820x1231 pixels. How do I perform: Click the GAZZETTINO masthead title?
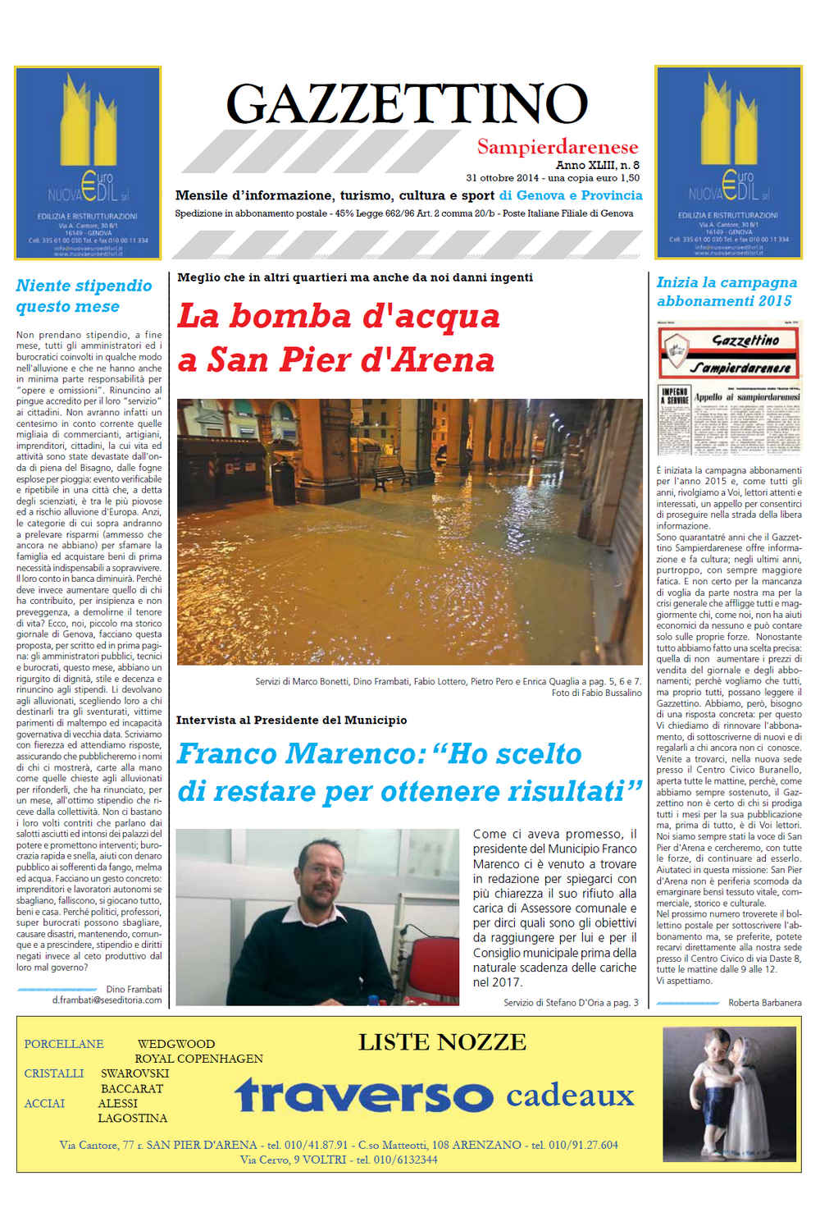tap(407, 104)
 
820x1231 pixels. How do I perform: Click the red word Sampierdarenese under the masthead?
tap(558, 148)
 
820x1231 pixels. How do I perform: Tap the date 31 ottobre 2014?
tap(502, 178)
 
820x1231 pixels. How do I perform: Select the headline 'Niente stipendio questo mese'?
tap(84, 296)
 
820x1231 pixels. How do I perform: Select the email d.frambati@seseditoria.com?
tap(107, 1000)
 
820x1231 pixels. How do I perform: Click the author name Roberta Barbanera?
tap(764, 1003)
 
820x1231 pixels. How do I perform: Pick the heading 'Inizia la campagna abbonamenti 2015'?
tap(727, 291)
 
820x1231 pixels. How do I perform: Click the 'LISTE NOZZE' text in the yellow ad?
tap(442, 1042)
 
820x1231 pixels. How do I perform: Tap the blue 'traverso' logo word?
tap(364, 1095)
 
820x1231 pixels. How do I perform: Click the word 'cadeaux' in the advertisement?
tap(570, 1095)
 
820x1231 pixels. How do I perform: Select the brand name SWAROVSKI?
tap(134, 1073)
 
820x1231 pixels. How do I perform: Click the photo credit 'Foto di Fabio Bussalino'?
tap(596, 693)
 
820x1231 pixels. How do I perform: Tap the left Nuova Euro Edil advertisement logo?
tap(88, 162)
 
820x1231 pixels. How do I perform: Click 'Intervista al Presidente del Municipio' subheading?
tap(291, 721)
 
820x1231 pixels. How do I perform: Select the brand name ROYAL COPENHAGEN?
tap(198, 1059)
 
